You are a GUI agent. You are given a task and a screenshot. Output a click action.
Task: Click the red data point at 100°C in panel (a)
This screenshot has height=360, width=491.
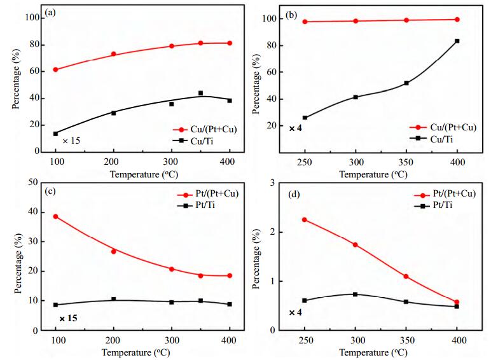(x=55, y=69)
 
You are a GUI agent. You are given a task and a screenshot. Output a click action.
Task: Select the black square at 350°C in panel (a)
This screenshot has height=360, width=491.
(x=200, y=93)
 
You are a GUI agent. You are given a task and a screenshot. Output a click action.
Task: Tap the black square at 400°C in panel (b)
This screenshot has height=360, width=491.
(x=457, y=41)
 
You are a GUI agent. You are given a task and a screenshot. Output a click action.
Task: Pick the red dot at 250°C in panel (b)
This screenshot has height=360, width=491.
(x=305, y=22)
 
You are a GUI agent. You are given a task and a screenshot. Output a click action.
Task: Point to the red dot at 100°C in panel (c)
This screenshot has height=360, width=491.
(x=55, y=216)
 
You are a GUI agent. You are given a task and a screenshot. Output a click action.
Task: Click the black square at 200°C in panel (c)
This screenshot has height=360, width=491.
(x=113, y=299)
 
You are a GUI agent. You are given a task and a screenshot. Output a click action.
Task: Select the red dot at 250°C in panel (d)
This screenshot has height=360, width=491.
(x=305, y=220)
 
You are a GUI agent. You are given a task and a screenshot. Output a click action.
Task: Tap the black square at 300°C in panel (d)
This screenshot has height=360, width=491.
(x=355, y=294)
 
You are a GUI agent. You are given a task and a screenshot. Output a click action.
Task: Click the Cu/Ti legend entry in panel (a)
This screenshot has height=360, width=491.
(x=193, y=141)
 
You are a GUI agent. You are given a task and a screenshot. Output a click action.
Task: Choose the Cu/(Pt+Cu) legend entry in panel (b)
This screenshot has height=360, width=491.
(x=443, y=127)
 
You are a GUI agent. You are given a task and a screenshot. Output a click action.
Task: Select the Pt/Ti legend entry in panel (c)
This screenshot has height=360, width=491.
(x=196, y=205)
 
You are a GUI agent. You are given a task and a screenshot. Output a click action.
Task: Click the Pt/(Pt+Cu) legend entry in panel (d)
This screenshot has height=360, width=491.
(x=445, y=194)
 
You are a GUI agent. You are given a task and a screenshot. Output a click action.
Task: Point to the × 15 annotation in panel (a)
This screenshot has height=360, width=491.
(x=71, y=141)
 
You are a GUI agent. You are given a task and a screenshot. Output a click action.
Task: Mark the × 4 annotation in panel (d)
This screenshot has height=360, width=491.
(x=295, y=312)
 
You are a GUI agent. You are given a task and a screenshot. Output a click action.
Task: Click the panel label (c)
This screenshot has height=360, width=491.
(x=50, y=191)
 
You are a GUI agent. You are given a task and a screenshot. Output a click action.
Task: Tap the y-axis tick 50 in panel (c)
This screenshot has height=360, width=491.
(x=33, y=182)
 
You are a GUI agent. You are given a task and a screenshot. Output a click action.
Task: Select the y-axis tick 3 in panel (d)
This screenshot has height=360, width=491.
(x=272, y=183)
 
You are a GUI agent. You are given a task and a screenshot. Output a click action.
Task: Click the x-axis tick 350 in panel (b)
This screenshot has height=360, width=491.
(x=406, y=162)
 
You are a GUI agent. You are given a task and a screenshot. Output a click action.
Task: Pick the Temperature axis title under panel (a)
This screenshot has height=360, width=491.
(x=144, y=174)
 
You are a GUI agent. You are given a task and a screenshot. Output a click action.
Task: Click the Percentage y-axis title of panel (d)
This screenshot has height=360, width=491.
(x=256, y=259)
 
